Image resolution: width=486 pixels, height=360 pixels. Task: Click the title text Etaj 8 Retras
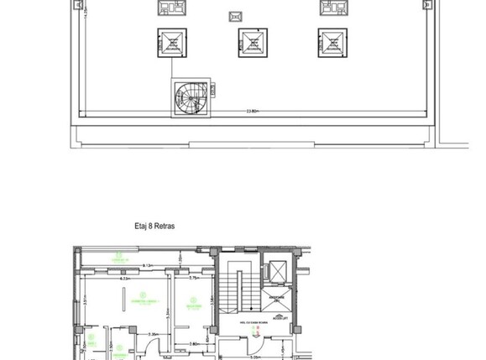(x=154, y=226)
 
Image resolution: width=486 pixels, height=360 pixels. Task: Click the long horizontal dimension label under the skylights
(x=252, y=111)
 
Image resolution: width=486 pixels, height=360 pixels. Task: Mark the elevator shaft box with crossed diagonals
(x=275, y=273)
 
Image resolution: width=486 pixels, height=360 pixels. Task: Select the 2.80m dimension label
(x=192, y=342)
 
